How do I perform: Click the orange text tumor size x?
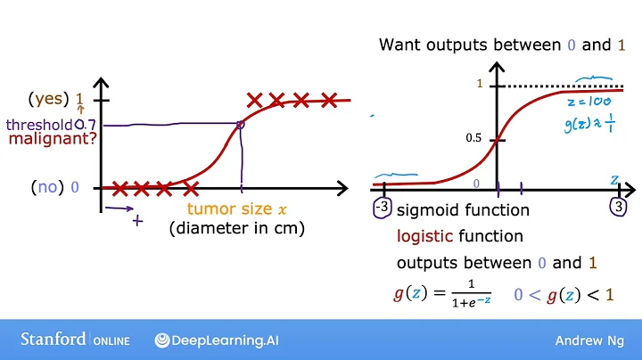pos(236,209)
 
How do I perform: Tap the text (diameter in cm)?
pos(236,228)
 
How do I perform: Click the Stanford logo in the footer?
pos(53,340)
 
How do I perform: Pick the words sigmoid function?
pos(463,211)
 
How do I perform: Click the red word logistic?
pos(425,237)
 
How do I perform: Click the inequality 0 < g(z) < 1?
pos(564,293)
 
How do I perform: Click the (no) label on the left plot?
pos(46,187)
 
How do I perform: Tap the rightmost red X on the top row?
pos(330,100)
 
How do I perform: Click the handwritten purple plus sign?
pos(137,219)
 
